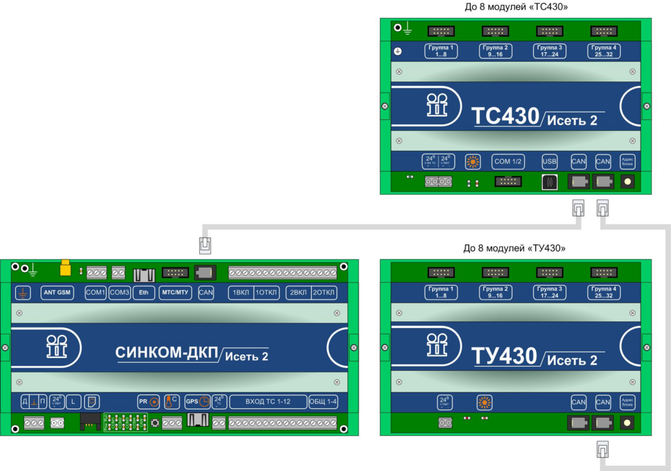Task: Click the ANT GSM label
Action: (57, 292)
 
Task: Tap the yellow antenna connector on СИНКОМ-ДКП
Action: (66, 267)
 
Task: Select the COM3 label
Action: (119, 292)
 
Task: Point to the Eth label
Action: (143, 292)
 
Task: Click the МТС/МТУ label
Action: (174, 292)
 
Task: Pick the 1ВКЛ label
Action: (241, 292)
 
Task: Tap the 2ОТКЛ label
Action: (323, 292)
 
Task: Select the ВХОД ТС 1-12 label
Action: (268, 401)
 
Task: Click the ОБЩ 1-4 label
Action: (323, 401)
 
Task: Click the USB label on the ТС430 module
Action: (550, 161)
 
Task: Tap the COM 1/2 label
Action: (508, 161)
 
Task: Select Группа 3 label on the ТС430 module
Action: (550, 50)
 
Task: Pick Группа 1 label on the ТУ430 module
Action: (441, 292)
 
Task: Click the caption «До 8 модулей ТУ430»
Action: (514, 248)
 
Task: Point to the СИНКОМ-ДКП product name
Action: (166, 352)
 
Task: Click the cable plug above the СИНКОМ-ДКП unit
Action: (205, 245)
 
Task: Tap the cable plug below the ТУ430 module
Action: (602, 450)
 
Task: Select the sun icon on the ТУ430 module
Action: (484, 401)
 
